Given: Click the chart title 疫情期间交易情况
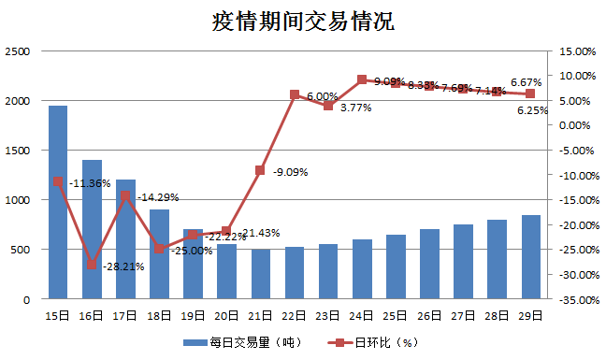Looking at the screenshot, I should click(303, 22).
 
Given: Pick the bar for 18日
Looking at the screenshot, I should click(160, 253).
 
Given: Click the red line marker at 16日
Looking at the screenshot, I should click(92, 265).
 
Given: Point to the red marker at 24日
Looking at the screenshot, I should click(362, 80).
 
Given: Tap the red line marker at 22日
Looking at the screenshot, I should click(295, 94).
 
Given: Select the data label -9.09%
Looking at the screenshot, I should click(290, 172).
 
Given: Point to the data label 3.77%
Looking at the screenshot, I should click(355, 108).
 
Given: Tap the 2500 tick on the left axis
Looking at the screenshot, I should click(19, 51).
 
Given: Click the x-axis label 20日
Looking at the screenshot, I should click(227, 317).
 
